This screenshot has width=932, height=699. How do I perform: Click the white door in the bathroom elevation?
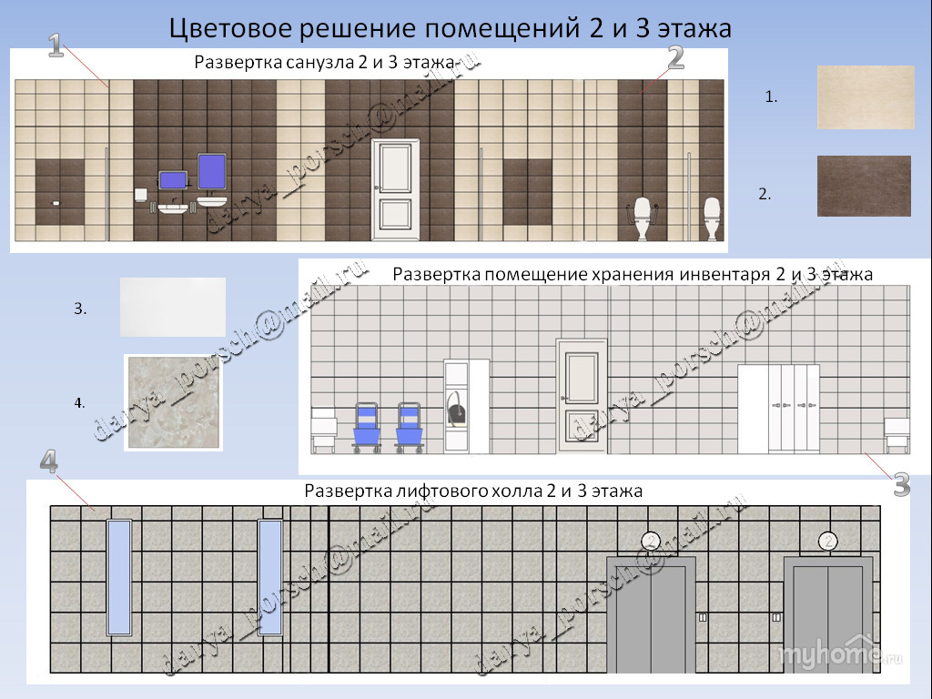[x=395, y=189]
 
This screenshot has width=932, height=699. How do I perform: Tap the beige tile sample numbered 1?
[x=866, y=96]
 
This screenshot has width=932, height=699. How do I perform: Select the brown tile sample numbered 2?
[x=864, y=186]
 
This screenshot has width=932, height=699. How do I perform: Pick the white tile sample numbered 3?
[x=172, y=307]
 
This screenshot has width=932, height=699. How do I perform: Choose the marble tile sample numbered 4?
[x=173, y=401]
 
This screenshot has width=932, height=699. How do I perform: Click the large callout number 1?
[x=56, y=46]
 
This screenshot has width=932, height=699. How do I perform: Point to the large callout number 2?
[x=674, y=57]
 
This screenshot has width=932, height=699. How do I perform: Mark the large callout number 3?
[x=900, y=485]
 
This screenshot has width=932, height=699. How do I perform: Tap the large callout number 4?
[x=49, y=461]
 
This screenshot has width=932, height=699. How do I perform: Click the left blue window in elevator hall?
[x=119, y=577]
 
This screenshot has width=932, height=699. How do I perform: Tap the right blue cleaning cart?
[x=409, y=427]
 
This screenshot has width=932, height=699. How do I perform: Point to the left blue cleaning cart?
[x=367, y=427]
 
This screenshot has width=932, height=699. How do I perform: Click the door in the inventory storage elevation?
[x=582, y=397]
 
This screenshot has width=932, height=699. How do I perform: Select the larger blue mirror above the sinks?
[x=211, y=171]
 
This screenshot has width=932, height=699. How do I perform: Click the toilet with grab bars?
[x=644, y=218]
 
